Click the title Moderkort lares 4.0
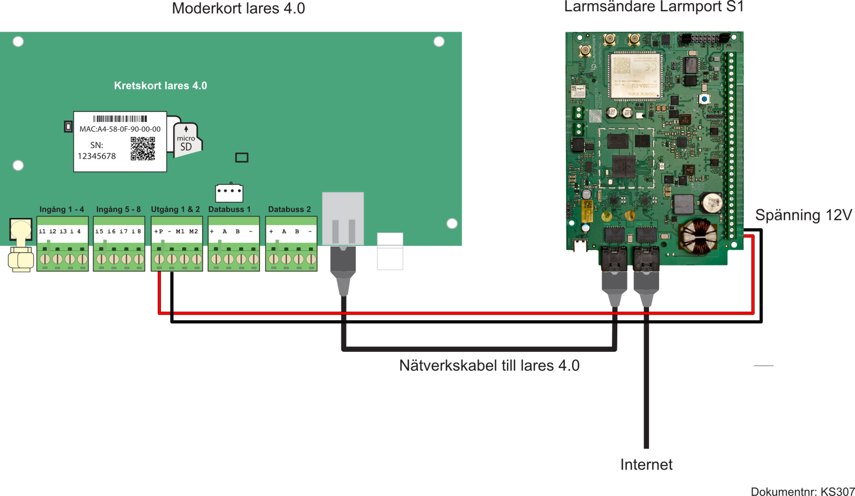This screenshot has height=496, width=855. pyautogui.click(x=238, y=9)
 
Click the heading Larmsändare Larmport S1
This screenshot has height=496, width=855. pyautogui.click(x=653, y=7)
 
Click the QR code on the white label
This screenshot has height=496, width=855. pyautogui.click(x=142, y=148)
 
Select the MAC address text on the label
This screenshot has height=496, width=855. pyautogui.click(x=120, y=129)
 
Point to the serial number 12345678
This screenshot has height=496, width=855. pyautogui.click(x=97, y=156)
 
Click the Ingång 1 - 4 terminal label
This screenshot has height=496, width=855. pyautogui.click(x=62, y=209)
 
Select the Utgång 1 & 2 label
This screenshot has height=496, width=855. pyautogui.click(x=175, y=209)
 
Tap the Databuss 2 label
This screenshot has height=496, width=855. pyautogui.click(x=289, y=209)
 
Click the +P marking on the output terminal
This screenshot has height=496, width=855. pyautogui.click(x=159, y=232)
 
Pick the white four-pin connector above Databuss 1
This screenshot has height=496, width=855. pyautogui.click(x=229, y=192)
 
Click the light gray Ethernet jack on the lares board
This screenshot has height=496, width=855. pyautogui.click(x=343, y=219)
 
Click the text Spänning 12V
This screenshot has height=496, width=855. pyautogui.click(x=803, y=215)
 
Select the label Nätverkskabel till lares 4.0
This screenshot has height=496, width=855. pyautogui.click(x=489, y=366)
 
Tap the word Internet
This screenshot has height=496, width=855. pyautogui.click(x=646, y=464)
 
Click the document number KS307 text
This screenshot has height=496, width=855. pyautogui.click(x=802, y=491)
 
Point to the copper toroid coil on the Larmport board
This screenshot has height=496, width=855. pyautogui.click(x=699, y=236)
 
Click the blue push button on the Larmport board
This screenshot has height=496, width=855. pyautogui.click(x=704, y=99)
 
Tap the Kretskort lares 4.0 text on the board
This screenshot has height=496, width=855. pyautogui.click(x=160, y=86)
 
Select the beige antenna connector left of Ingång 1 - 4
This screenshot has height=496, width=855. pyautogui.click(x=21, y=244)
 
